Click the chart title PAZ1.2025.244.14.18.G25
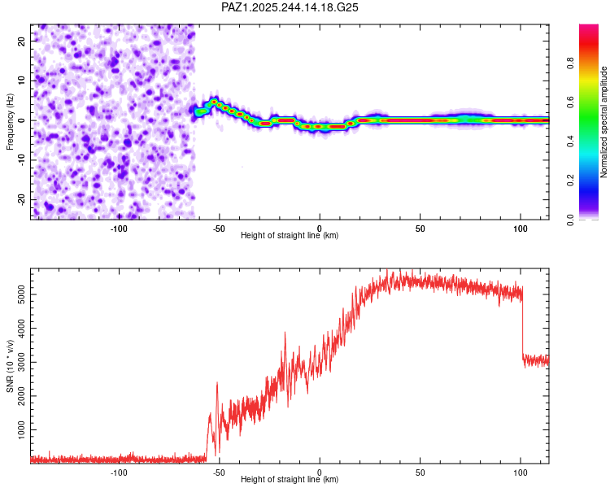pyautogui.click(x=290, y=7)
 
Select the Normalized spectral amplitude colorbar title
pyautogui.click(x=603, y=122)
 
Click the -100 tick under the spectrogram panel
pyautogui.click(x=119, y=228)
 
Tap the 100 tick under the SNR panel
pyautogui.click(x=521, y=473)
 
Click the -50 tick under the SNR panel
pyautogui.click(x=219, y=473)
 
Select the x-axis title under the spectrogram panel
pyautogui.click(x=290, y=236)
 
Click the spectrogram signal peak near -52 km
pyautogui.click(x=214, y=102)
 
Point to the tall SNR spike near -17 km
pyautogui.click(x=285, y=333)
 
